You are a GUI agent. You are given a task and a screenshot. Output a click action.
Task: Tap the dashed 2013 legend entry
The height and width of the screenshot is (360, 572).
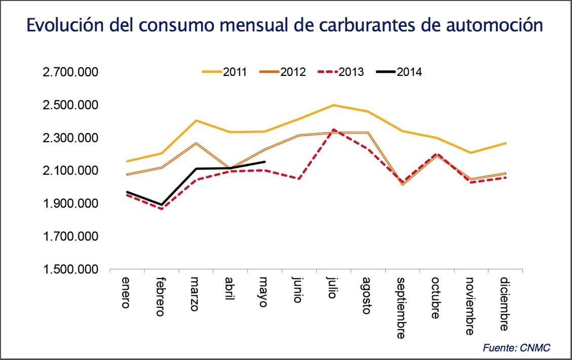click(341, 72)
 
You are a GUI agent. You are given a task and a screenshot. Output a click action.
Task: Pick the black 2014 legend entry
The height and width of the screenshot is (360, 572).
click(400, 72)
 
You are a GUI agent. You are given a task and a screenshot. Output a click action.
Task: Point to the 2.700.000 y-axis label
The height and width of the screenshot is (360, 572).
click(70, 72)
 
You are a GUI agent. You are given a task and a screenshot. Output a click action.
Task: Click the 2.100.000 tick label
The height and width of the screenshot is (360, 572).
click(70, 171)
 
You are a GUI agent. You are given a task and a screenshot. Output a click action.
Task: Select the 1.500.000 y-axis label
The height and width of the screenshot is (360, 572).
click(70, 270)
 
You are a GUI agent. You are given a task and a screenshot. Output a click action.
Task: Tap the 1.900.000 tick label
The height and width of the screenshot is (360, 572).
click(70, 204)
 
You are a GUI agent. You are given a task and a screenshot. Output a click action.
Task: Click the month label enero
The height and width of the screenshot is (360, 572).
click(126, 293)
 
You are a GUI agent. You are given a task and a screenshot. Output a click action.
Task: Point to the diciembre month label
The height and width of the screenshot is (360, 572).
click(504, 304)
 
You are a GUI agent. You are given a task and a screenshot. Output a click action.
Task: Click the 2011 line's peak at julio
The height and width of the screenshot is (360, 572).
click(333, 105)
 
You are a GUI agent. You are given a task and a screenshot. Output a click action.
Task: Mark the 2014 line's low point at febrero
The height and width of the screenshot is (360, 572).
click(161, 205)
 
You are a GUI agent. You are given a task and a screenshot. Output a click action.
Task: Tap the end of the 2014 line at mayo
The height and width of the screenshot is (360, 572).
click(264, 162)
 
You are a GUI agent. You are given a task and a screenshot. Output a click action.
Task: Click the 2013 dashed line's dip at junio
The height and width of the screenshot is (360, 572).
click(299, 179)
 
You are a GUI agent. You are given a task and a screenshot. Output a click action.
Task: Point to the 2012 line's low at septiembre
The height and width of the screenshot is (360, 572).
click(402, 184)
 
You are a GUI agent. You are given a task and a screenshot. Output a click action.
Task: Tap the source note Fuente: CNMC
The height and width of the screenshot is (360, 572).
click(516, 348)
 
